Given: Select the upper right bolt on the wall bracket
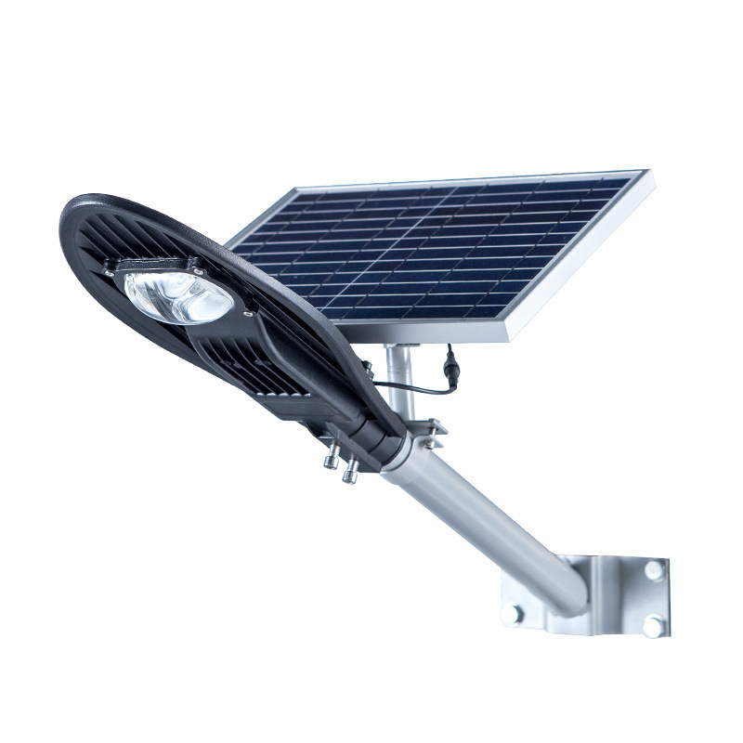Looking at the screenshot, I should [655, 569].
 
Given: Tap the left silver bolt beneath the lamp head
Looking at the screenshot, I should [330, 459].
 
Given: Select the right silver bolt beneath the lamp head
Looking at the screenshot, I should [350, 474].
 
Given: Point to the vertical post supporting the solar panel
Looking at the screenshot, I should [398, 376].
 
